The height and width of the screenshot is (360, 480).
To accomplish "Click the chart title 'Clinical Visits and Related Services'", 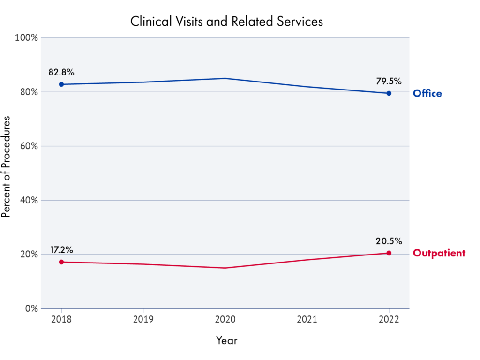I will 226,22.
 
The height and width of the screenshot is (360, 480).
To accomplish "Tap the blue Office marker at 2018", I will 61,84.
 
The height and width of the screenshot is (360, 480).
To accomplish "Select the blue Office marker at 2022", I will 389,93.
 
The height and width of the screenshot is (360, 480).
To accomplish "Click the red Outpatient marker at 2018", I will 61,262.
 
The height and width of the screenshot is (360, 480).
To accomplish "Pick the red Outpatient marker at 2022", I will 389,253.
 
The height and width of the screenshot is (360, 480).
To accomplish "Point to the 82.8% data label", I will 61,73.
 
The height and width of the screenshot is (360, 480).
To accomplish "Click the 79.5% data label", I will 389,81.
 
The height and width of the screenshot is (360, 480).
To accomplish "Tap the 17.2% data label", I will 61,250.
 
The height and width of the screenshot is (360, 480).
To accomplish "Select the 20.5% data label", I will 389,241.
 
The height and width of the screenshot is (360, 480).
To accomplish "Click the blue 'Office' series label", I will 427,94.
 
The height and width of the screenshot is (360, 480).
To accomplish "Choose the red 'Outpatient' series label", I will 439,254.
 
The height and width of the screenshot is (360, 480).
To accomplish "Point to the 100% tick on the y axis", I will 27,38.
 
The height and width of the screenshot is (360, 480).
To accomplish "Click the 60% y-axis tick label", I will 28,146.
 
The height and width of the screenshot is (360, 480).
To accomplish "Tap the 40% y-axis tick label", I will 28,201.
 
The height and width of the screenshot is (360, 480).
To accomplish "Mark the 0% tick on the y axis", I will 31,309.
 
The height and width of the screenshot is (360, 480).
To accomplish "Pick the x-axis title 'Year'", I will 226,340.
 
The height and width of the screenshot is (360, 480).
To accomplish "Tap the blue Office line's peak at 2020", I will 225,78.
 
